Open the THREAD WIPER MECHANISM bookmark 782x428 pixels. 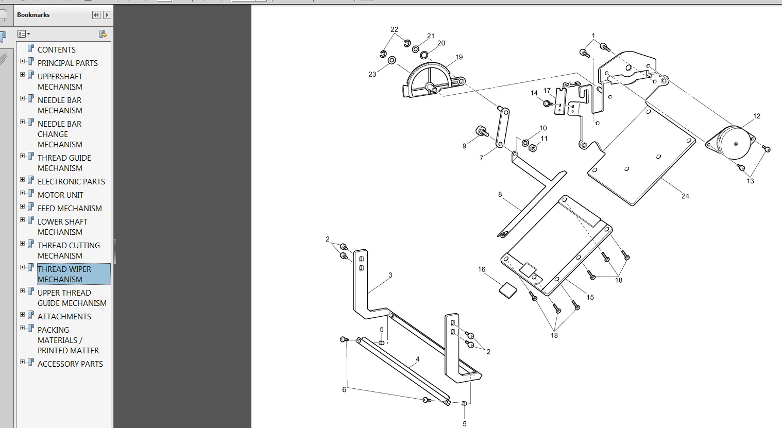coord(64,274)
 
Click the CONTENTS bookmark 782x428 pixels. coord(56,49)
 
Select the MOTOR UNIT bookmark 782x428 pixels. coord(60,195)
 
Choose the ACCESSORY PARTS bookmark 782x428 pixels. coord(70,364)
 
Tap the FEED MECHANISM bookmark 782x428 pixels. coord(70,208)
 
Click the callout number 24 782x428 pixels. coord(685,196)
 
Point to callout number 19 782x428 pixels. coord(459,57)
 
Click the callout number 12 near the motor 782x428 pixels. coord(757,116)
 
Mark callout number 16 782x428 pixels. coord(482,269)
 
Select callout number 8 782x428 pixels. coord(500,195)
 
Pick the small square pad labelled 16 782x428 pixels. coord(507,289)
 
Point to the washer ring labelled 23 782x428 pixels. coord(392,60)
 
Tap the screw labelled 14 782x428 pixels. coord(547,103)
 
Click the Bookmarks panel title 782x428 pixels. coord(33,15)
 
